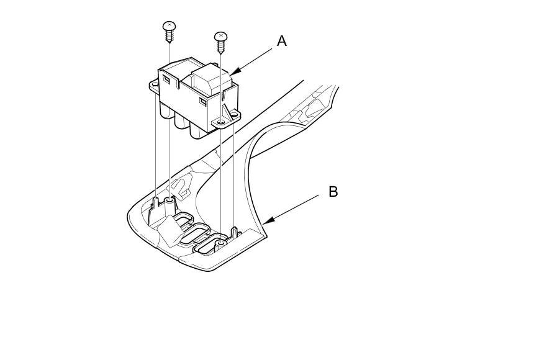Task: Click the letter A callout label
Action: click(x=282, y=42)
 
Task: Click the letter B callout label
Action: click(x=333, y=192)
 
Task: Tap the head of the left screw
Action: click(x=169, y=26)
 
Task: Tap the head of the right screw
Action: click(x=220, y=36)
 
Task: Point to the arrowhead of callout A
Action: click(x=232, y=74)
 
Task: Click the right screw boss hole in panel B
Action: click(x=222, y=238)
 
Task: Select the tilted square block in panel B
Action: click(x=168, y=232)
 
